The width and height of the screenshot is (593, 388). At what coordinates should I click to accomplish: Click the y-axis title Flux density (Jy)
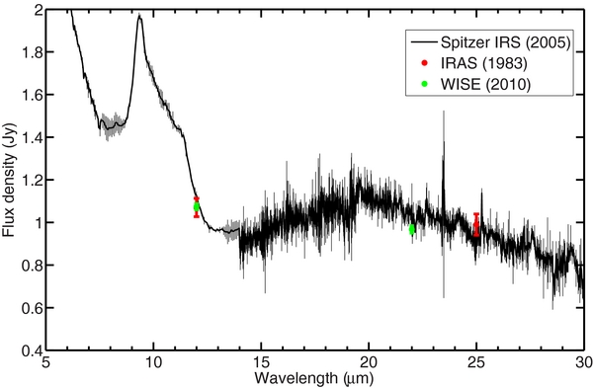tap(9, 181)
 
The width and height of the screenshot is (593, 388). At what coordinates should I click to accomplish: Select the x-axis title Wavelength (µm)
tap(314, 379)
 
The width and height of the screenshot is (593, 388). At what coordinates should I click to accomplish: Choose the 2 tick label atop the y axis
tap(36, 10)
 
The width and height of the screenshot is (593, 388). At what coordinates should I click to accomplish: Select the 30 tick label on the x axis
tap(582, 363)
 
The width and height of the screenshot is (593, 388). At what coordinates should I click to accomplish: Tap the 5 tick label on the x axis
tap(46, 363)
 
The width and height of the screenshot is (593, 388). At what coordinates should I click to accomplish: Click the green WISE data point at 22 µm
tap(412, 229)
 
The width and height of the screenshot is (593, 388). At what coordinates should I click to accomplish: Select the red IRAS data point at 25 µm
tap(476, 226)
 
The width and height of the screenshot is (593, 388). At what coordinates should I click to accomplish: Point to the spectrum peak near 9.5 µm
tap(140, 16)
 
